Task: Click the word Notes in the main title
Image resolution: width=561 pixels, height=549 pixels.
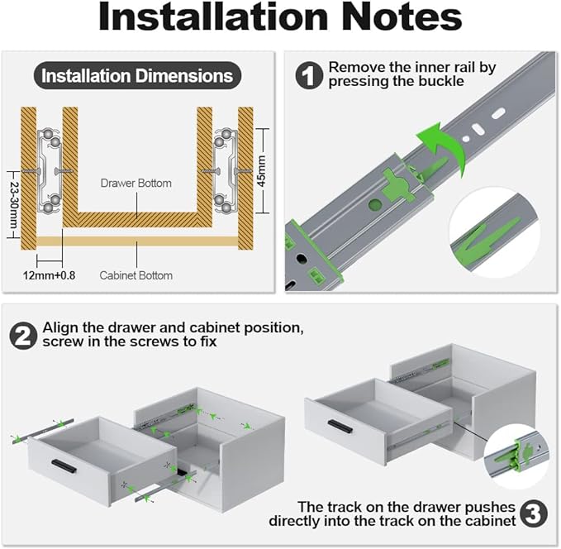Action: (x=402, y=17)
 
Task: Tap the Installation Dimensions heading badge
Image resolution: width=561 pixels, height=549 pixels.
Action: (x=137, y=75)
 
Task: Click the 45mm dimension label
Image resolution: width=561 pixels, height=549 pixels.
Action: (x=262, y=171)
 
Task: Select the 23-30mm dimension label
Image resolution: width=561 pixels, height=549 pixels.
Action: (x=13, y=205)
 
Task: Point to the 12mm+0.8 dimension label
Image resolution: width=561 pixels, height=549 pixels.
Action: (x=49, y=275)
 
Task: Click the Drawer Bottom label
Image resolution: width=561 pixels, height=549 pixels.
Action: (x=136, y=183)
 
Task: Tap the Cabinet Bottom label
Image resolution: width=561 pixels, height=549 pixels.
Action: (x=136, y=275)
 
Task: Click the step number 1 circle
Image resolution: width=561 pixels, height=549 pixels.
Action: (x=309, y=75)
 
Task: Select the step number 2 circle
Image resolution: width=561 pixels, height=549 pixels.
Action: (x=23, y=335)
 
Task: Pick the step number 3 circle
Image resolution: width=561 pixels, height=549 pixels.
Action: (x=534, y=514)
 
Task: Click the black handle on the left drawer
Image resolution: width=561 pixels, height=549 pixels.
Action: (x=64, y=465)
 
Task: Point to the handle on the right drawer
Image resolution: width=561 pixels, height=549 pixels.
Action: (x=340, y=426)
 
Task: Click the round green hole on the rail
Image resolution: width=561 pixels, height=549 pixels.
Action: (x=375, y=204)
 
